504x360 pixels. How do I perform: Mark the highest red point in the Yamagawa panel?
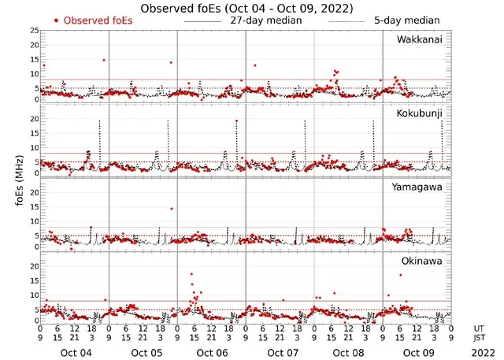point(171,209)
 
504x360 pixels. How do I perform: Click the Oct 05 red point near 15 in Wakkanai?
point(103,60)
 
